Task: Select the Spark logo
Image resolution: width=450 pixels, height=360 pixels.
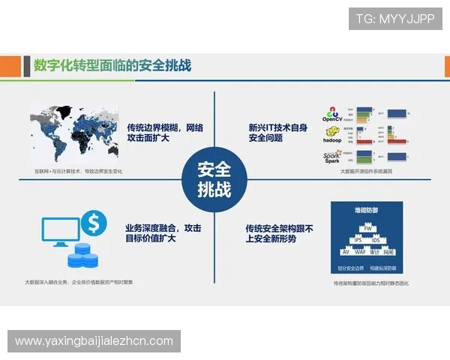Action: [x=331, y=157]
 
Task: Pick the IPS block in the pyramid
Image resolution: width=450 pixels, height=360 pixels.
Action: [x=357, y=240]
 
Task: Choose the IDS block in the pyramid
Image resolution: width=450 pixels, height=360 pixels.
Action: [x=376, y=240]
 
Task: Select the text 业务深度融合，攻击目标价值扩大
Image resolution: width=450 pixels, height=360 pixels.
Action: [x=163, y=232]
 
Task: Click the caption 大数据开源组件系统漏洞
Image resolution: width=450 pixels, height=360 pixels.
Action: [x=366, y=171]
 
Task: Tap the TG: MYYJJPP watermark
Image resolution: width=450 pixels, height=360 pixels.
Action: [x=395, y=19]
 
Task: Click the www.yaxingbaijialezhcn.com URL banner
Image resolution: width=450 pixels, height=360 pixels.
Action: [x=94, y=341]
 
